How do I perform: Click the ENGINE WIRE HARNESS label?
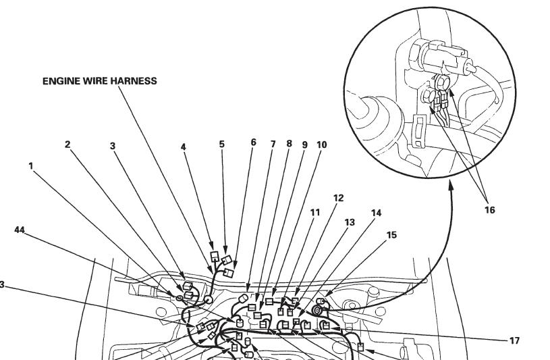point(99,81)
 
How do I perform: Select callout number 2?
point(67,144)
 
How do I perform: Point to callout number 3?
point(113,145)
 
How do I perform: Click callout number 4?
point(184,146)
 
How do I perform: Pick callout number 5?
point(222,144)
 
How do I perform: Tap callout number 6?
point(254,143)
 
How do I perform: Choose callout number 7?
point(273,144)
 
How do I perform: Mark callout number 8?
point(289,144)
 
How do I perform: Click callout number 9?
point(304,144)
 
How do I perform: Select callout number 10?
point(321,144)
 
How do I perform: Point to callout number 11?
point(315,212)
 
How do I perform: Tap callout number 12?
point(339,198)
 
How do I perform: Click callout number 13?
point(350,222)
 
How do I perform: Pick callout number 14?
point(376,213)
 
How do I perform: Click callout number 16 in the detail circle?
point(489,210)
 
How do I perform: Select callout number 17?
point(515,341)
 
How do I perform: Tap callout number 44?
point(20,230)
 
